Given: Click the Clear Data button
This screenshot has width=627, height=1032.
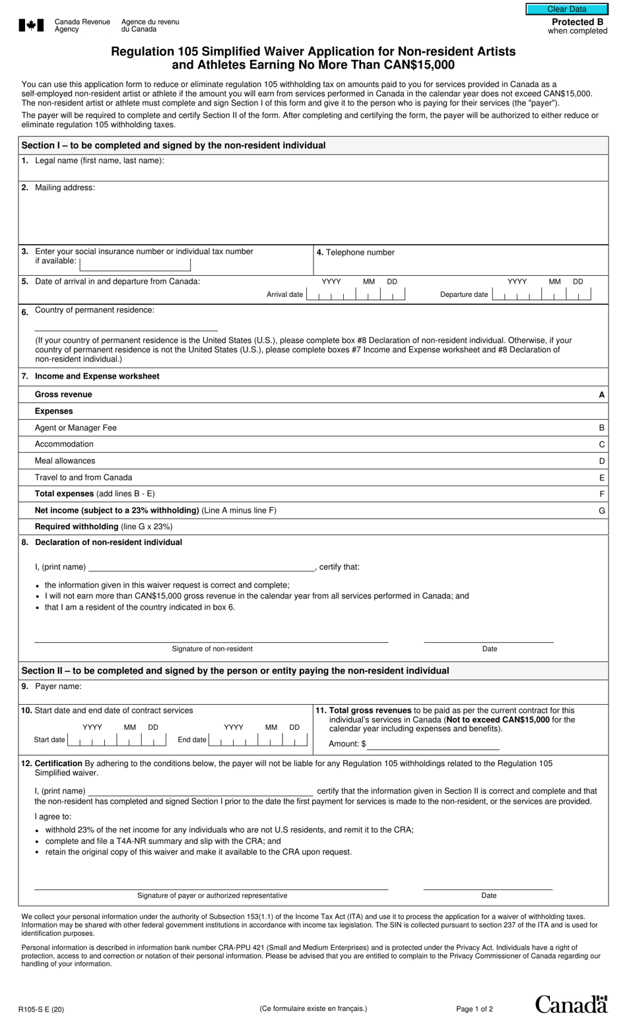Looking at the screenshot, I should pos(566,9).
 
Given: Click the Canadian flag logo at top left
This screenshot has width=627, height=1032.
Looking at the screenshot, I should pos(31,26).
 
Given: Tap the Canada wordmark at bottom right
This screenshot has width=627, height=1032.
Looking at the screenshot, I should pos(571,1004).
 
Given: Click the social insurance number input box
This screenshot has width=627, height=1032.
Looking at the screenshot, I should pos(135,265).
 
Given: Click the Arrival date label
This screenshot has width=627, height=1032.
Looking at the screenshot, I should pos(284,294).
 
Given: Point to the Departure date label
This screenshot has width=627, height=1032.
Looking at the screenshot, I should pos(464,294).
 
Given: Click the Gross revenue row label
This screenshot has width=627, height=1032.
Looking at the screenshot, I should pos(63,395).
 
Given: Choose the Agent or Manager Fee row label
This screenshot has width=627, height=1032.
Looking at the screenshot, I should pos(75,428).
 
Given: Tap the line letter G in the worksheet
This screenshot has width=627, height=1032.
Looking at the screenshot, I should pos(601,511).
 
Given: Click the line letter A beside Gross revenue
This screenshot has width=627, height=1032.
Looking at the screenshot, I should pos(601,395).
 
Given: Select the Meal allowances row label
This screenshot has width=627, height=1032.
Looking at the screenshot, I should pos(65,461).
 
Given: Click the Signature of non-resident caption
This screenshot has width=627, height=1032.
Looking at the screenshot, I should pos(212,649).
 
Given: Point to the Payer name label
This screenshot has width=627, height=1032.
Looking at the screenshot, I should pos(58,686).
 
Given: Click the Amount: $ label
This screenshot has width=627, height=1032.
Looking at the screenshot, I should pos(347,744).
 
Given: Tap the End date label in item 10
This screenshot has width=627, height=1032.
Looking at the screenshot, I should pos(191,740).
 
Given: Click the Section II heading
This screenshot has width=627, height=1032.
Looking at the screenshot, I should pos(235,670).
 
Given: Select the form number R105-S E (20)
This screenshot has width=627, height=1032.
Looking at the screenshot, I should pos(42,1009).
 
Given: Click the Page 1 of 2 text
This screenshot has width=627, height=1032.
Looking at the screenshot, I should pos(474,1009).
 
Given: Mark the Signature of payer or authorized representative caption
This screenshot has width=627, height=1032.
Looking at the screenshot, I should pos(212,895).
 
